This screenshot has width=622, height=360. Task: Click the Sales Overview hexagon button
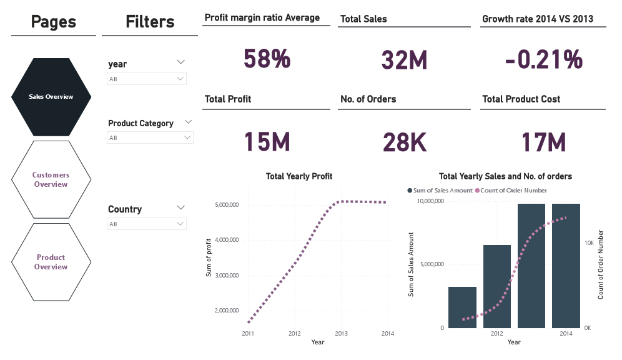pos(51,97)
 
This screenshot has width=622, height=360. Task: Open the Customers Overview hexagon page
pos(51,179)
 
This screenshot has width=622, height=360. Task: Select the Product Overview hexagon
pos(51,262)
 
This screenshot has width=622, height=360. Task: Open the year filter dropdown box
pos(147,79)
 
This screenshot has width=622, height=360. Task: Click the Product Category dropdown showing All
pos(150,137)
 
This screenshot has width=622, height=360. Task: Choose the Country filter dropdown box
pos(147,224)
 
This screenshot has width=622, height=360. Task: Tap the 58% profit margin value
pos(267,59)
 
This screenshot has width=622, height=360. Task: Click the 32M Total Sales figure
pos(404,60)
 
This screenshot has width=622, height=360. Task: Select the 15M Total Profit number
pos(267,142)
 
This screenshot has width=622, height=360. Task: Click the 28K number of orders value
pos(404,143)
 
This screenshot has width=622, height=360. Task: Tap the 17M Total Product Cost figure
pos(543,143)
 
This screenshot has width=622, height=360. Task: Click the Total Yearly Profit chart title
pos(299,176)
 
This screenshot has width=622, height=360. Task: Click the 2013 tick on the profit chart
pos(341,333)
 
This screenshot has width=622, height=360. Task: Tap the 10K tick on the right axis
pos(589,242)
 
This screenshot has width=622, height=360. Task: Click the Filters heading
pos(150,22)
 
